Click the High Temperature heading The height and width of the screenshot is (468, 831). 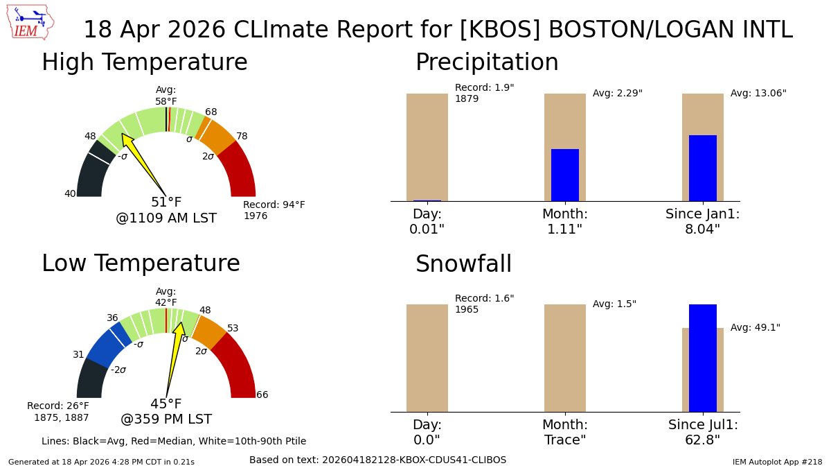(x=144, y=62)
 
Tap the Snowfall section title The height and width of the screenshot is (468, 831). (x=463, y=264)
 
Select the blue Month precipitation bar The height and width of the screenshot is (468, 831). (x=564, y=175)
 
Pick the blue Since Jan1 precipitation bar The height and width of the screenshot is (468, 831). (x=702, y=168)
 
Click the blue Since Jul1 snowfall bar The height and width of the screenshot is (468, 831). (x=702, y=358)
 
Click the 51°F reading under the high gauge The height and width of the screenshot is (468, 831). (x=166, y=202)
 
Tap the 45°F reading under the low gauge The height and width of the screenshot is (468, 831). (x=166, y=404)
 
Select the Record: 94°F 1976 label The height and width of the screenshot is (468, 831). (x=274, y=210)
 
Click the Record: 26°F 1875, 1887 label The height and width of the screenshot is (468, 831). (x=58, y=411)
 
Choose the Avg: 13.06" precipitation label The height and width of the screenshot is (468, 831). (x=758, y=93)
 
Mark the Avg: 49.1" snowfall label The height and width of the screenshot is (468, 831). (x=756, y=327)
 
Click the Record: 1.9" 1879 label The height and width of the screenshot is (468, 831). (x=484, y=93)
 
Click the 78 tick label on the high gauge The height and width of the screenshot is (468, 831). (x=242, y=136)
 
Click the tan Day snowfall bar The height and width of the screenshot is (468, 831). (x=427, y=358)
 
